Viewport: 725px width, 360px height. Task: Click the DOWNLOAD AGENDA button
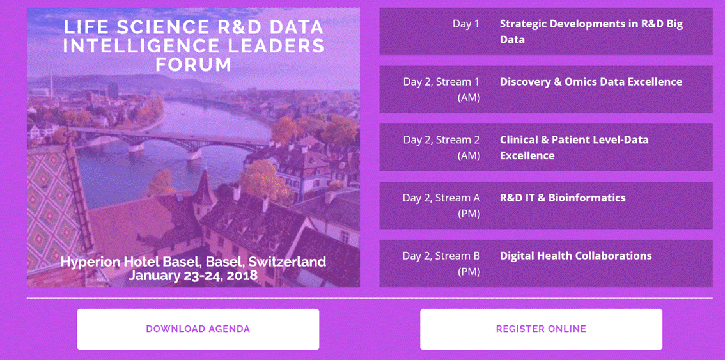click(198, 329)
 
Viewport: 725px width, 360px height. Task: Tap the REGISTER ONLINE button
click(541, 329)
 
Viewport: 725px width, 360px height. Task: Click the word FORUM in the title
click(193, 65)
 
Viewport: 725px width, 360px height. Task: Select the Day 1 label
click(466, 24)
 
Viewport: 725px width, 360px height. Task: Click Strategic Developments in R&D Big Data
click(591, 31)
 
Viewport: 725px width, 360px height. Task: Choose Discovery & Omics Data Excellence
click(591, 82)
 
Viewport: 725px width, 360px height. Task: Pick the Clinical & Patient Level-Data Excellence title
click(574, 148)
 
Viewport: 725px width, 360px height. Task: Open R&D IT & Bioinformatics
click(563, 198)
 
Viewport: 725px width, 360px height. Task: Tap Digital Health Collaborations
click(575, 256)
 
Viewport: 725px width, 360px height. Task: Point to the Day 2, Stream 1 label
click(442, 90)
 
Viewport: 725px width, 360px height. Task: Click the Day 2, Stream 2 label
click(442, 148)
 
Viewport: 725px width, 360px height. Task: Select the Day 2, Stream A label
click(442, 205)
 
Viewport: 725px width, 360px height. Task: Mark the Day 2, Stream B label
click(442, 263)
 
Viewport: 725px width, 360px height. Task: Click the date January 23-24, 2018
click(193, 276)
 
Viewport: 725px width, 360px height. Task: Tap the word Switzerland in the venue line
click(287, 262)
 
